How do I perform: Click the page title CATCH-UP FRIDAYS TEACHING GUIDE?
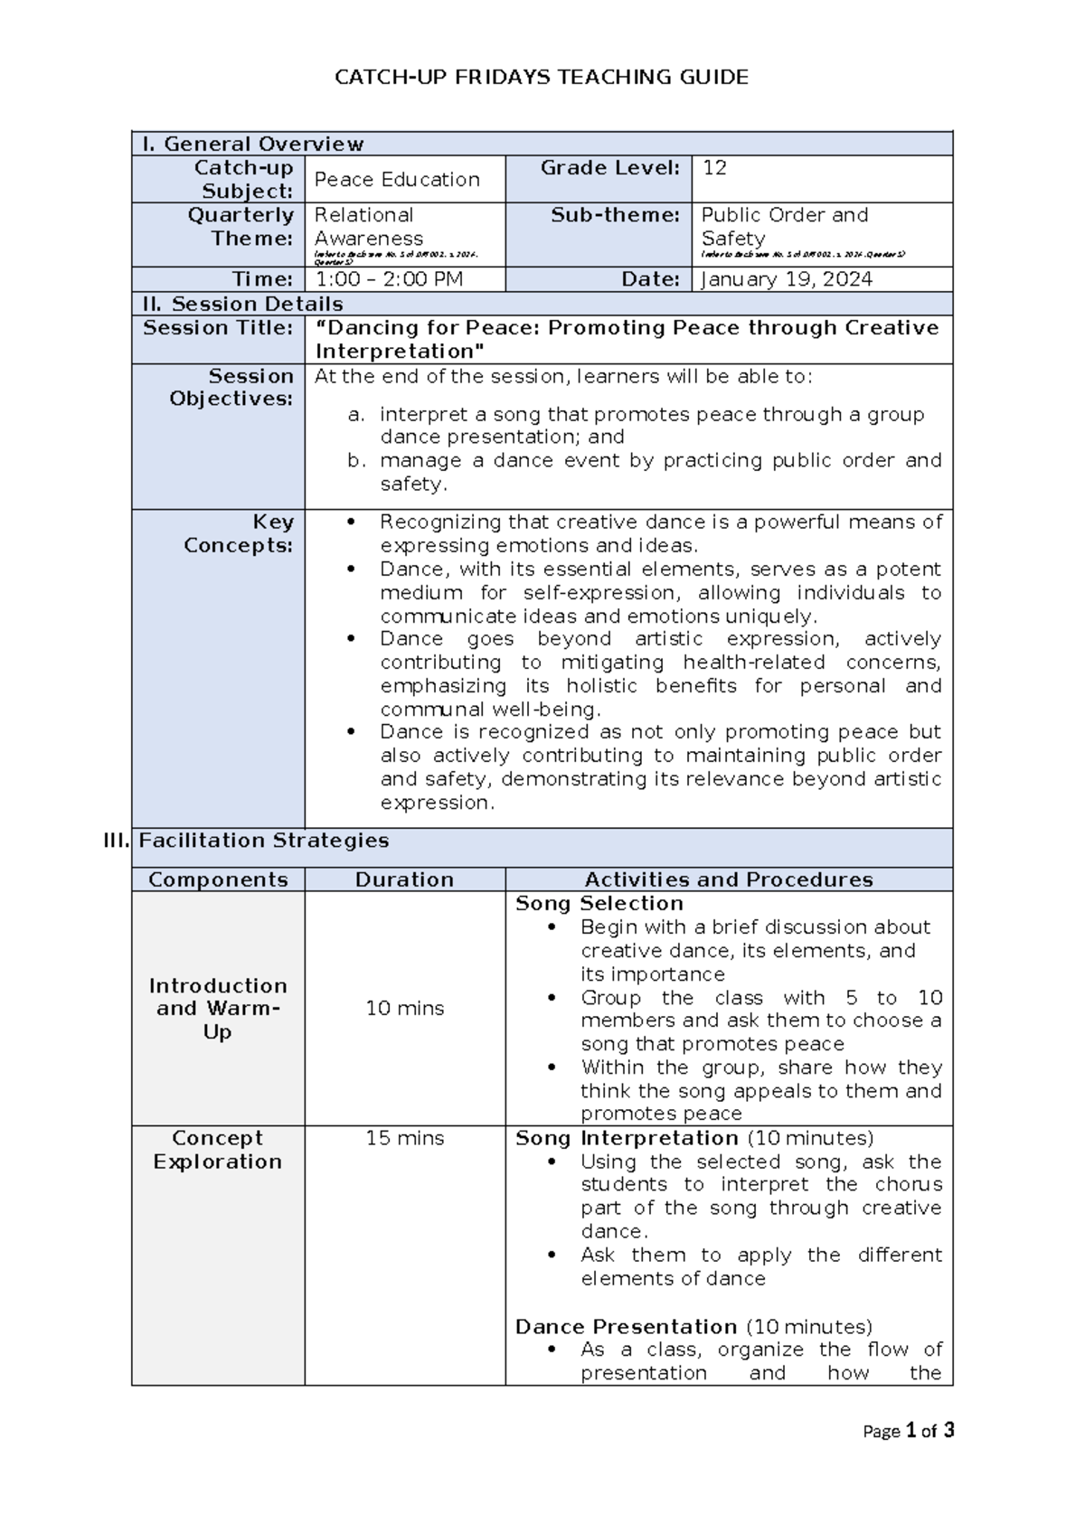(x=542, y=78)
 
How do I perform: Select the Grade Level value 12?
(x=714, y=168)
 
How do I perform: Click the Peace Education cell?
(x=397, y=179)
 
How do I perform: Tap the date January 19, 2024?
(x=787, y=279)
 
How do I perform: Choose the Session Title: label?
(x=218, y=328)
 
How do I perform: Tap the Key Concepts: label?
(x=239, y=533)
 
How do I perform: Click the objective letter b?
(x=356, y=461)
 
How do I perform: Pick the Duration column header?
(x=404, y=879)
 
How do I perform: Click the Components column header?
(x=218, y=879)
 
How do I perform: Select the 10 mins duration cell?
(x=404, y=1008)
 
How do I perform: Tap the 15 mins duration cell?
(x=404, y=1138)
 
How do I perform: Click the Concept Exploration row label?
(x=218, y=1150)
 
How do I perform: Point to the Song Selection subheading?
(x=599, y=903)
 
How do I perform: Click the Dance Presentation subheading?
(x=626, y=1326)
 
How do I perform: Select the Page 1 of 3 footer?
(x=908, y=1431)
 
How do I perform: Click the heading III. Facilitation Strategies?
(x=262, y=841)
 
